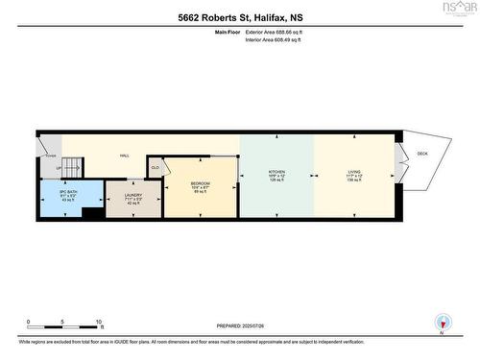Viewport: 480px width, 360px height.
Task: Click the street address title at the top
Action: point(240,16)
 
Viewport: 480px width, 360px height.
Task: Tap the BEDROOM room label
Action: point(201,184)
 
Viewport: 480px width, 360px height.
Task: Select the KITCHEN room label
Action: point(276,174)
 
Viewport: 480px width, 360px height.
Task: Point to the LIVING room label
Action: point(354,174)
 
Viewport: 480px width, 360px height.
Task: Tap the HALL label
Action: point(125,156)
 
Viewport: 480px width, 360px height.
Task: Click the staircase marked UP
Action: point(65,167)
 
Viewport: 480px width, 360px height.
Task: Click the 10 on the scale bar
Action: point(99,322)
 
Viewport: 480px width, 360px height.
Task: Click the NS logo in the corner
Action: point(464,10)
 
